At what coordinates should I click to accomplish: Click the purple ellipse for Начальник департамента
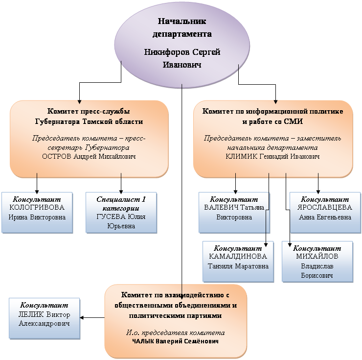tap(181, 42)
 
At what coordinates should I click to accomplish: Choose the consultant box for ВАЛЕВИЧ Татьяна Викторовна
tap(234, 212)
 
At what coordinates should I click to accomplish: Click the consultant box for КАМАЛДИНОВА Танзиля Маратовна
tap(238, 261)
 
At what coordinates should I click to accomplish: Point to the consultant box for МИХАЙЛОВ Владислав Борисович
tap(317, 261)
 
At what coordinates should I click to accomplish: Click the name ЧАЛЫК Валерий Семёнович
tap(175, 341)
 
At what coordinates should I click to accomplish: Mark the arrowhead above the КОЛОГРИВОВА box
tap(37, 190)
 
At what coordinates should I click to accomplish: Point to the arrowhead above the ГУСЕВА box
tap(121, 190)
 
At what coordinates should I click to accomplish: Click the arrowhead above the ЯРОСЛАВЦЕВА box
tap(318, 190)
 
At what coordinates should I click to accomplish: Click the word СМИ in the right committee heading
tap(297, 120)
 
